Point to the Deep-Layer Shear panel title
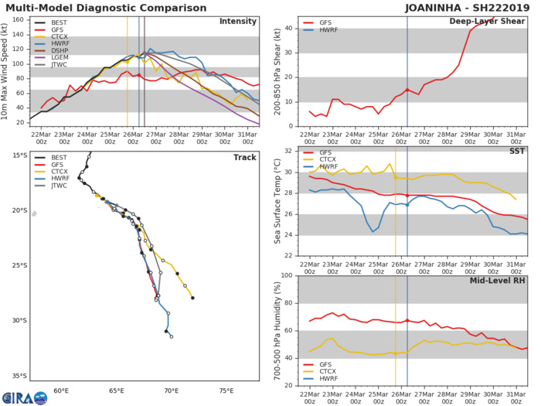pyautogui.click(x=486, y=21)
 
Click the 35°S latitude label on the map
pyautogui.click(x=16, y=376)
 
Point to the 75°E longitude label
pyautogui.click(x=226, y=391)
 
